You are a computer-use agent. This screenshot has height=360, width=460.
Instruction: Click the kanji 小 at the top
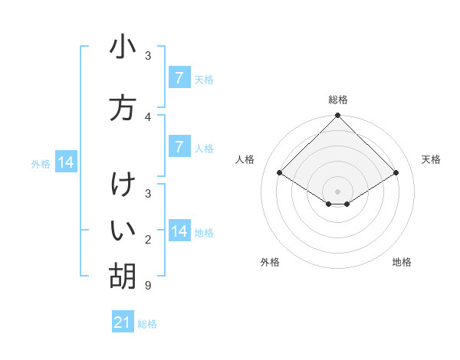[x=123, y=47]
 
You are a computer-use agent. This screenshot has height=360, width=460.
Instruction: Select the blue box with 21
[x=123, y=322]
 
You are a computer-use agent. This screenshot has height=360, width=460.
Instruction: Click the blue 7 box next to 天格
[x=179, y=77]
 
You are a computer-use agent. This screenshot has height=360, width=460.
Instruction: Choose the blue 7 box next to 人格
[x=179, y=146]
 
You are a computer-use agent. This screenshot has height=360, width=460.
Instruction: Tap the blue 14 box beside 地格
[x=179, y=231]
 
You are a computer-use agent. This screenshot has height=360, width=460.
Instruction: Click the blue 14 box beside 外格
[x=65, y=162]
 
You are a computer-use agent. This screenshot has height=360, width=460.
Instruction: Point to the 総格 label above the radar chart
[x=338, y=100]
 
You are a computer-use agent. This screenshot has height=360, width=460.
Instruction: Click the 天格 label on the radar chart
[x=431, y=159]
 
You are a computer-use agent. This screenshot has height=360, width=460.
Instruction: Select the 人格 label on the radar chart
[x=245, y=159]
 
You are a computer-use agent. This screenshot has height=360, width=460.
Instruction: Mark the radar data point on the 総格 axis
[x=338, y=116]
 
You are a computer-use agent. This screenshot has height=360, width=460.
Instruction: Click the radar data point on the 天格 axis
[x=396, y=172]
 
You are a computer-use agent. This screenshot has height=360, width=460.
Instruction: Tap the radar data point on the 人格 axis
[x=280, y=172]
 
